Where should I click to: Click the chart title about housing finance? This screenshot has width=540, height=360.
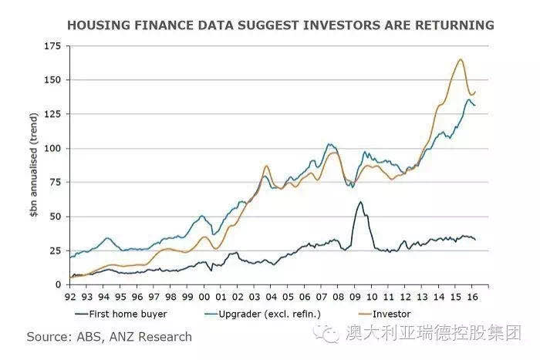[280, 25]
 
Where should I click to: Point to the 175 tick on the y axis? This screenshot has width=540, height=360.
[52, 46]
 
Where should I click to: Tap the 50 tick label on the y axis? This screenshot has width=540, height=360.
[55, 217]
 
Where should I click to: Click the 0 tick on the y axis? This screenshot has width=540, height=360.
[58, 284]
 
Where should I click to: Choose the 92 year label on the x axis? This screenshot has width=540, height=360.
[71, 294]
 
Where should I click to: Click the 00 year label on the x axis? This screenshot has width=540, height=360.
[204, 294]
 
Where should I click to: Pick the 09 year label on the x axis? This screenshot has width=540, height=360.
[354, 294]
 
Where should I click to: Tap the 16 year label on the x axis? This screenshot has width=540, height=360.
[471, 294]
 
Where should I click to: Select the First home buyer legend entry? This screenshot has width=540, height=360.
[122, 314]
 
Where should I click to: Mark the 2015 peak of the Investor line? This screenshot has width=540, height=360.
[461, 59]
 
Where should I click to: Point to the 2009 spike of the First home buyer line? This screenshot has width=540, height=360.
[360, 202]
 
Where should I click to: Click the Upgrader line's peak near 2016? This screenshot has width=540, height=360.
[468, 99]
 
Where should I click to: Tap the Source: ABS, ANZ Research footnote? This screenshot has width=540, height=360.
[109, 337]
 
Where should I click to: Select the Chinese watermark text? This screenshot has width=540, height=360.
[433, 333]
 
